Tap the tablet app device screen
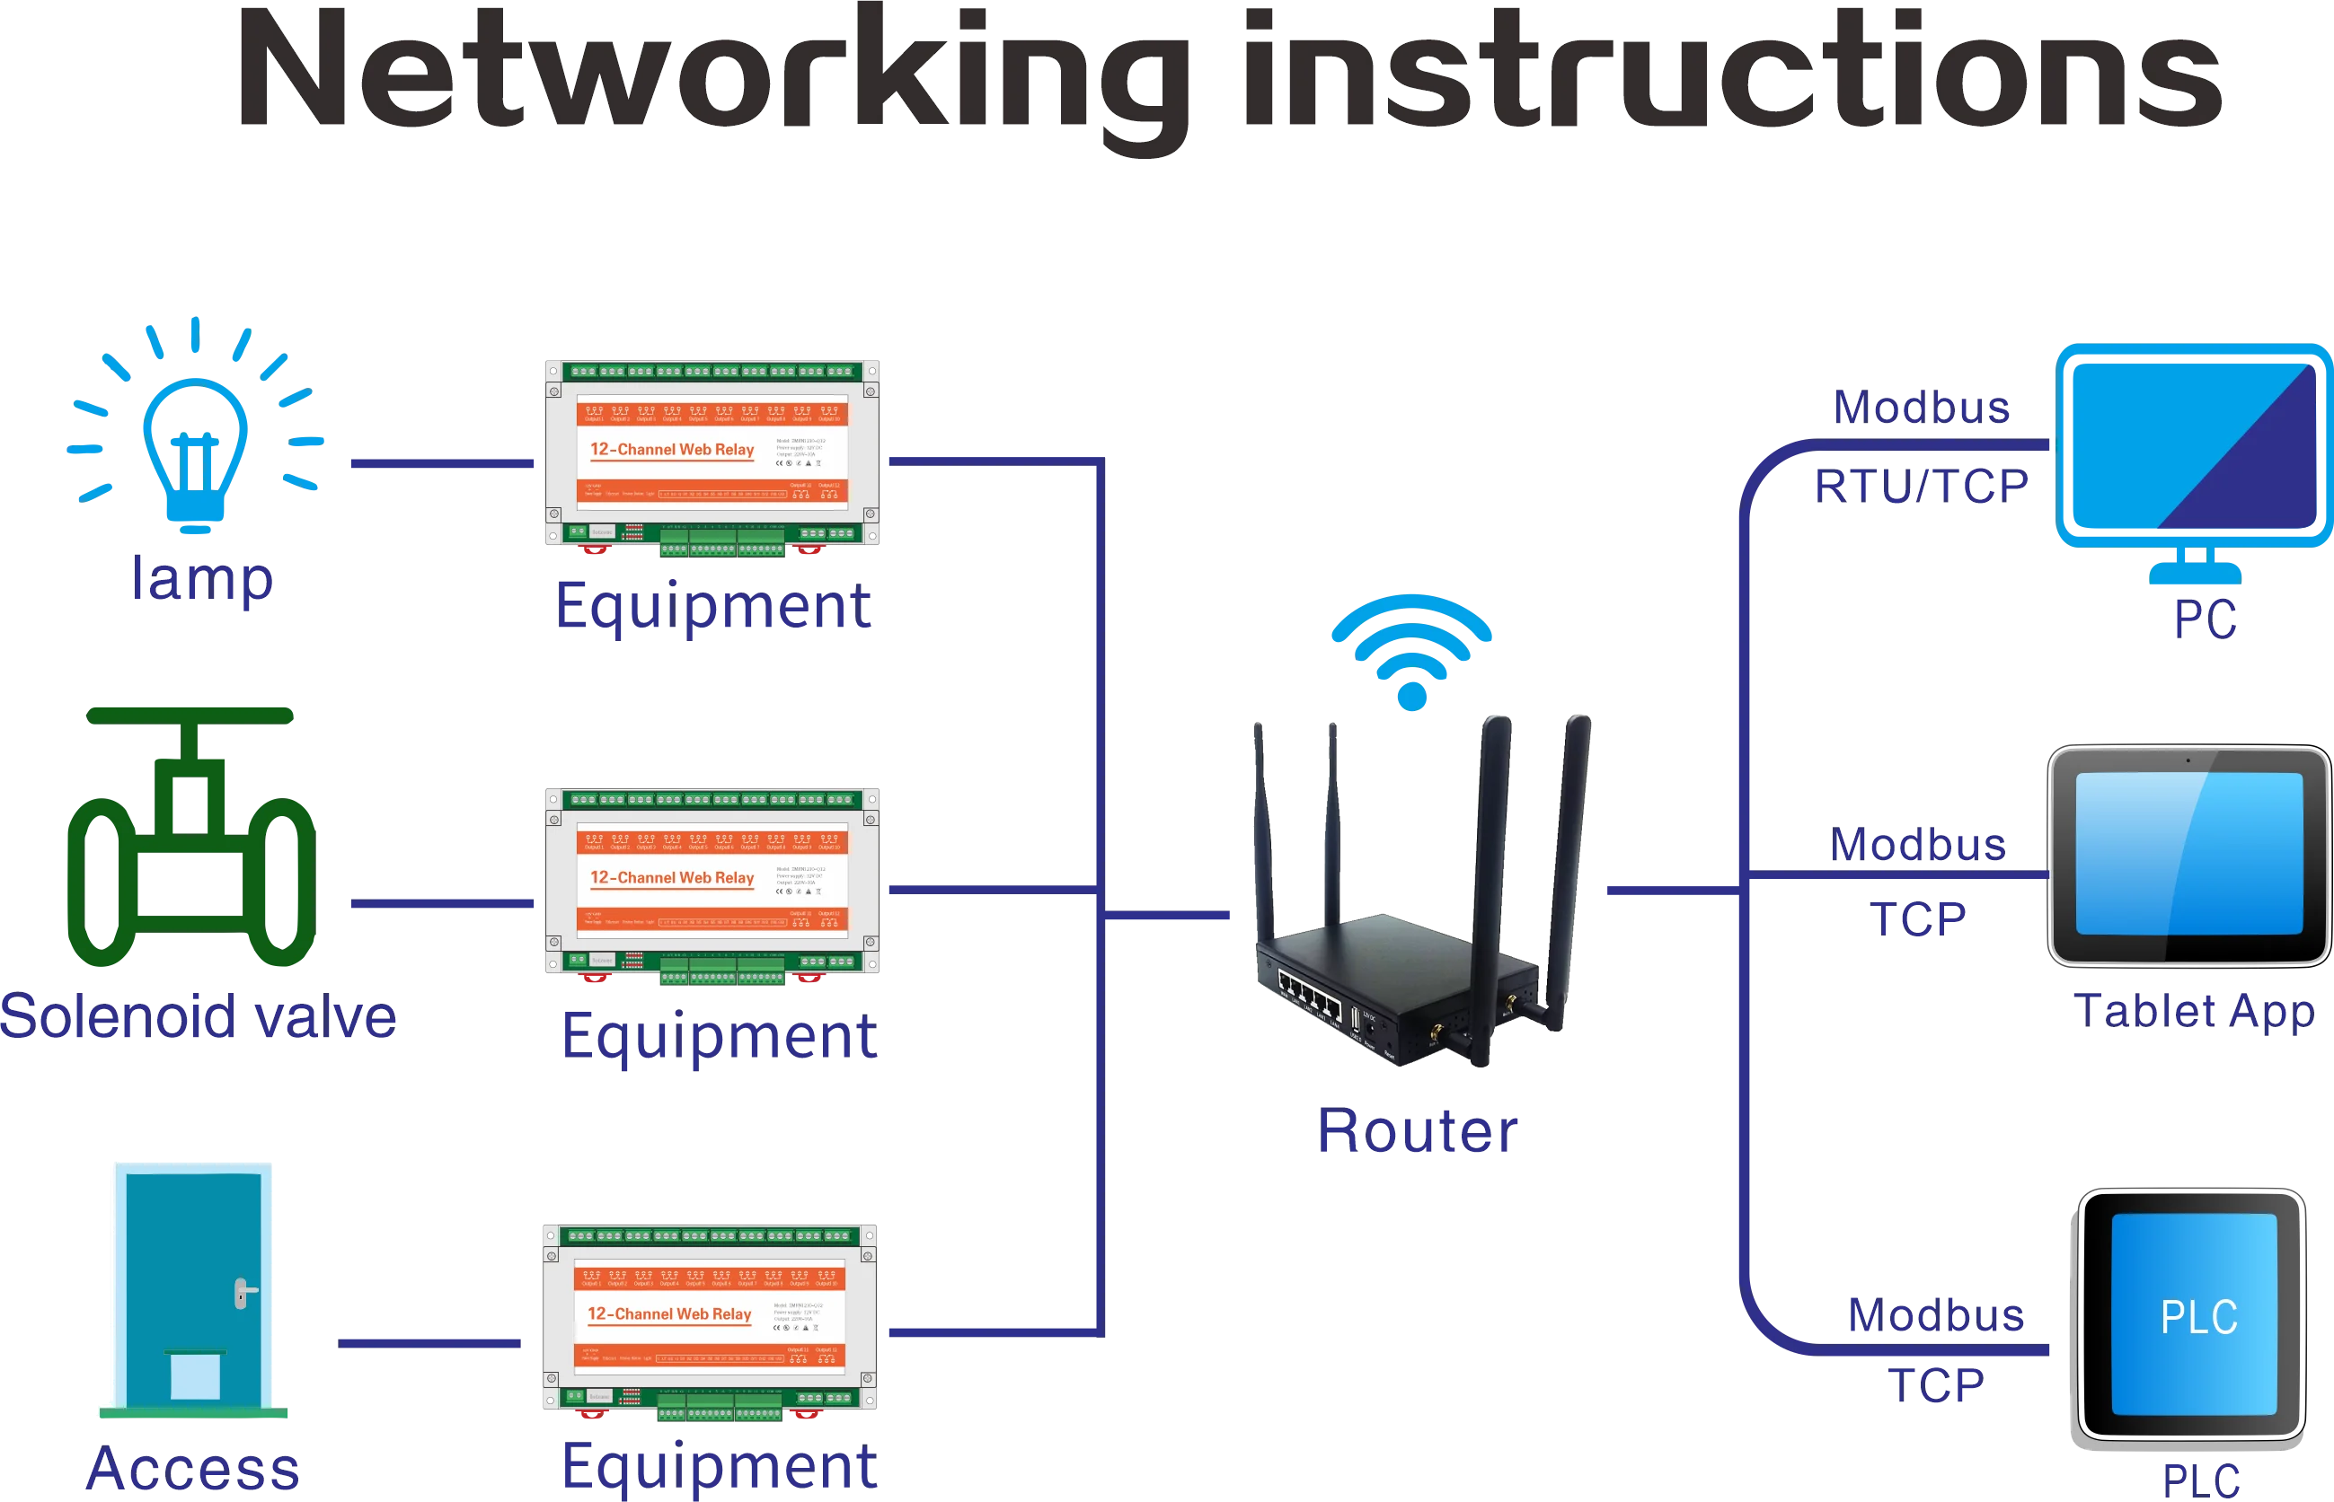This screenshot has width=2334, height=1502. tap(2188, 854)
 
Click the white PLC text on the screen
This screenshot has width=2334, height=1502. tap(2198, 1317)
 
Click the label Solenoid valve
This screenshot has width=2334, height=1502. tap(200, 1016)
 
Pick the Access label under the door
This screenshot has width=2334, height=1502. tap(192, 1468)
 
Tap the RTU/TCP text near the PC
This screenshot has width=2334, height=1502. tap(1920, 486)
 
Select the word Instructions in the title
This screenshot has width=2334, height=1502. tap(1732, 73)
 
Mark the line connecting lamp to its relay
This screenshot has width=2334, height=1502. tap(442, 463)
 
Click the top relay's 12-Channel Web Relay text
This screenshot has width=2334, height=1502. tap(671, 450)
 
